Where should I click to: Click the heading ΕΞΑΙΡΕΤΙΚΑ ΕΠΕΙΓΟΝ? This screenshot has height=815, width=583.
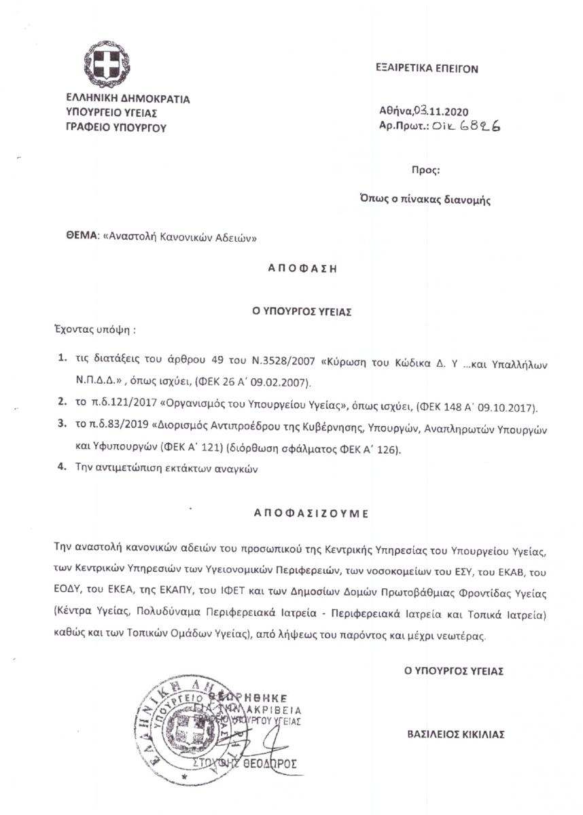427,69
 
